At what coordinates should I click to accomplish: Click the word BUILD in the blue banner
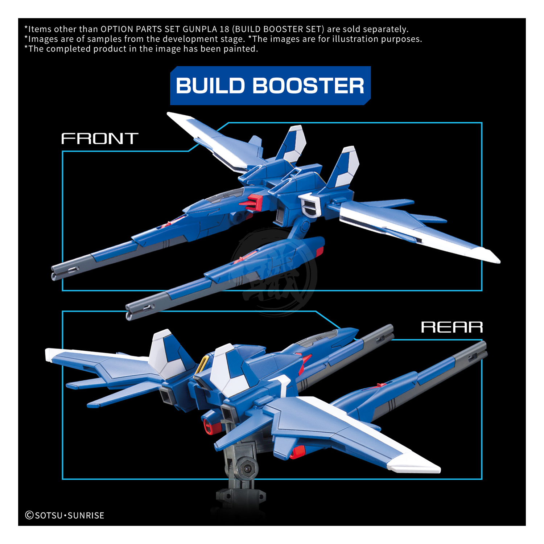coord(210,86)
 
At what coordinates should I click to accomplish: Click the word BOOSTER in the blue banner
coord(308,86)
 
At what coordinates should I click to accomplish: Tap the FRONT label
coord(100,139)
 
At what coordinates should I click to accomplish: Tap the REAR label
coord(452,327)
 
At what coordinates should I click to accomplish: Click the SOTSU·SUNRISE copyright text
coord(69,515)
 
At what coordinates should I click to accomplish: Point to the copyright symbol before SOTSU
coord(29,515)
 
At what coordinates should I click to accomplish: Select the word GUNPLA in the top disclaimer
coord(199,29)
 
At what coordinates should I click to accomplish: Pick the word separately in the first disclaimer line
coord(386,29)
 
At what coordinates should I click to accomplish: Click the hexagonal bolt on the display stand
coord(247,468)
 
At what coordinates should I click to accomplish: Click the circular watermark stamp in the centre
coord(274,270)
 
